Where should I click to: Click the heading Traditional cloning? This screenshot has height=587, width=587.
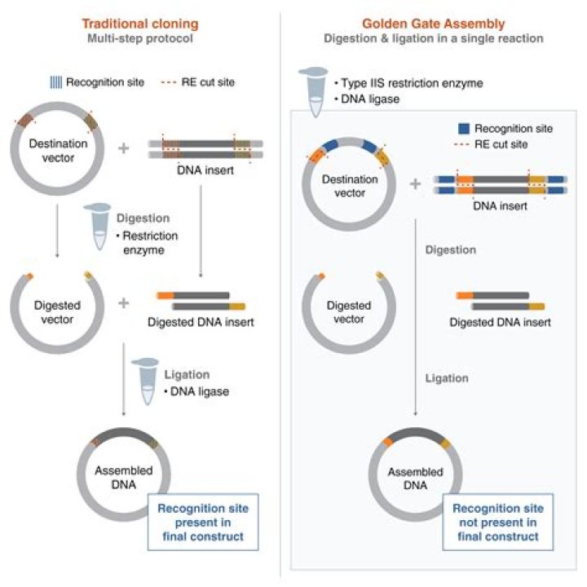(x=140, y=24)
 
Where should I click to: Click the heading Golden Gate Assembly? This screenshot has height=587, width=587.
(x=434, y=24)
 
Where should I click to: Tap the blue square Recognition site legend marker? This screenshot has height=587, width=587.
(x=464, y=129)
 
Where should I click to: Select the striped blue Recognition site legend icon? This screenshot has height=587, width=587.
(x=56, y=82)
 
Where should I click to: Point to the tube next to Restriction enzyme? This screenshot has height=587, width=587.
(x=98, y=226)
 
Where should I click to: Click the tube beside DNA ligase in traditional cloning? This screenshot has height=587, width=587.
(x=146, y=381)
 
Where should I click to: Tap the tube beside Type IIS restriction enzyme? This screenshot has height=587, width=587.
(x=314, y=91)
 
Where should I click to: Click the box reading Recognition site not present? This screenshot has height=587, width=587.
(x=498, y=523)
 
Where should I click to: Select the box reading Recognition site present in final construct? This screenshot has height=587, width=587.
(x=203, y=523)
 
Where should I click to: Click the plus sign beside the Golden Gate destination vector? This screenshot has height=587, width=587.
(x=415, y=183)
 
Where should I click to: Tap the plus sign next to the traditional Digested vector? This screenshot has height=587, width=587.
(x=124, y=302)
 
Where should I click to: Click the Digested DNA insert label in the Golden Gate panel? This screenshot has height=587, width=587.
(x=500, y=322)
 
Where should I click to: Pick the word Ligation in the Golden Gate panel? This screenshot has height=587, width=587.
(x=447, y=378)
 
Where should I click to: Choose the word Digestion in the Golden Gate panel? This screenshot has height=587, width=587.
(x=451, y=249)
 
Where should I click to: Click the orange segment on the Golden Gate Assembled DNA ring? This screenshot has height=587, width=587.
(x=388, y=442)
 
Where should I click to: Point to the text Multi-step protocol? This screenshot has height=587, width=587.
(x=140, y=38)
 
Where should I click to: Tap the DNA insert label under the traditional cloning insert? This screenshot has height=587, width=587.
(x=205, y=170)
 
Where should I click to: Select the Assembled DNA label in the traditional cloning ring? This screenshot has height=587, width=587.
(x=124, y=477)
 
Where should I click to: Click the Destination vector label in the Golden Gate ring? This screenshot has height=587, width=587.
(x=350, y=186)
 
